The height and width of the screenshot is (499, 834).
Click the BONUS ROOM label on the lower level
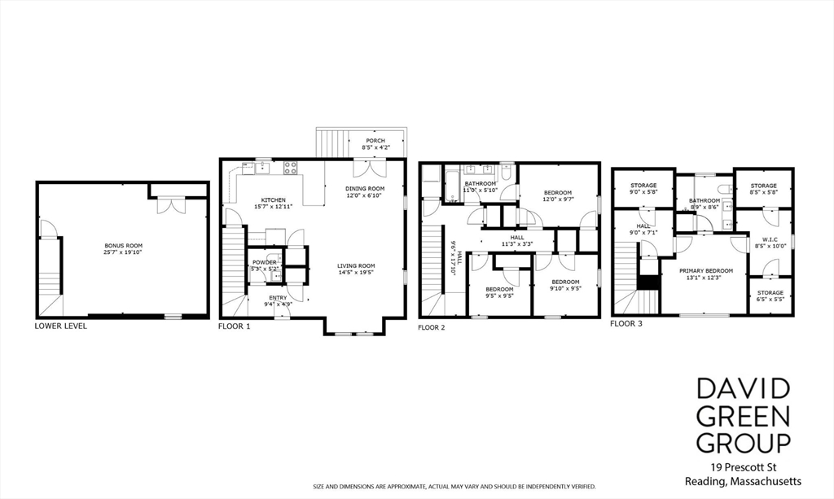point(123,245)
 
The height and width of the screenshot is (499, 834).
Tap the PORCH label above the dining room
point(375,141)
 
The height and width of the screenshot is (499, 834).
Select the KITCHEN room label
point(273,199)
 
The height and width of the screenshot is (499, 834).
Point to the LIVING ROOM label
point(357,265)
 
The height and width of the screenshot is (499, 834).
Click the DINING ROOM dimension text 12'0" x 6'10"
point(364,195)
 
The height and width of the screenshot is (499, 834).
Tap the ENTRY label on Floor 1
point(278,298)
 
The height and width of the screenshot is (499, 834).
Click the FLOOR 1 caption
point(234,326)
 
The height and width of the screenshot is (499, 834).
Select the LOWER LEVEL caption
point(60,326)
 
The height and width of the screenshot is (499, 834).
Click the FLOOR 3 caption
point(627,324)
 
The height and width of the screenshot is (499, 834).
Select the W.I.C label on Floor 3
point(763,239)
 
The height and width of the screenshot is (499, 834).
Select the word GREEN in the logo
point(742,416)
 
